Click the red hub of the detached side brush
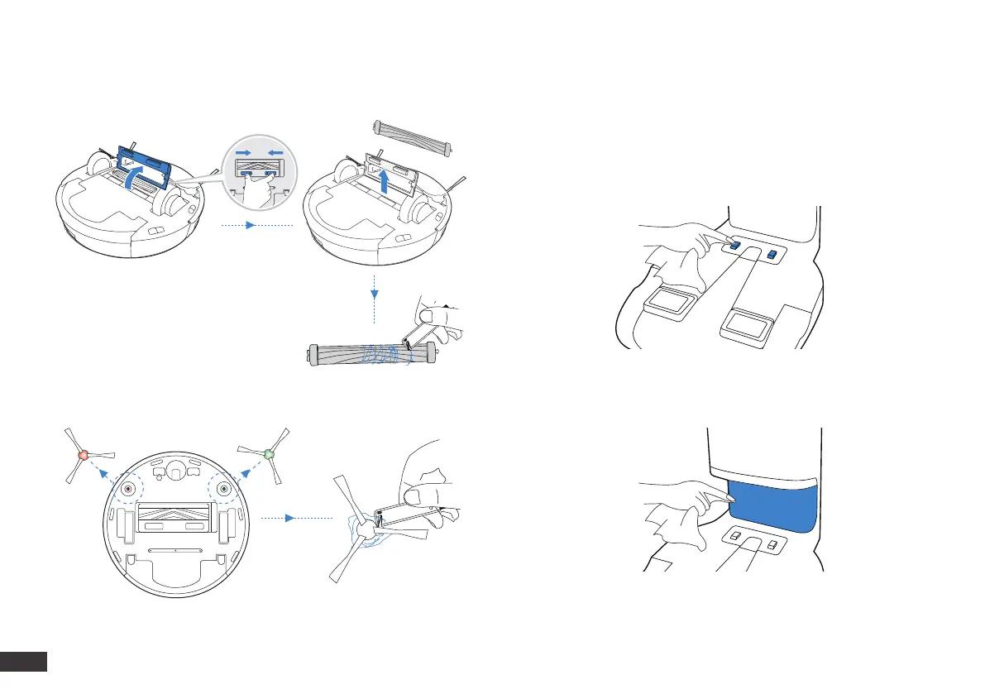pos(83,456)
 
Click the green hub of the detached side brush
pos(268,454)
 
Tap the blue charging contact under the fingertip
pos(734,246)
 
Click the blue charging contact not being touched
pos(772,254)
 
